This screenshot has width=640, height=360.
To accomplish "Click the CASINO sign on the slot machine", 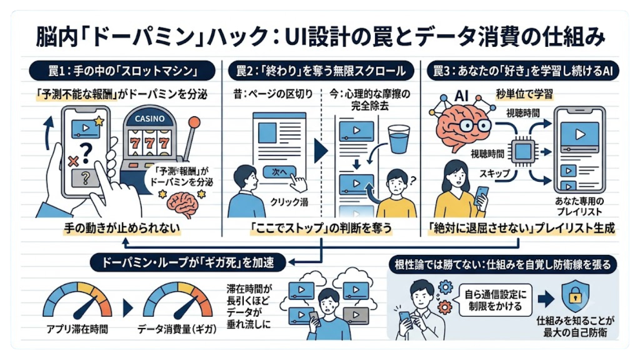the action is (x=149, y=118).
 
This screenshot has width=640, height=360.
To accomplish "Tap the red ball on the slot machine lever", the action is (x=195, y=123).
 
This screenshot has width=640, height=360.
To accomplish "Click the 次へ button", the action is (x=279, y=172).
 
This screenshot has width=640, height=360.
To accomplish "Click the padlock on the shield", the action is (x=575, y=298).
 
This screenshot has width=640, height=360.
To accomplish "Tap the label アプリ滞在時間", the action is (x=77, y=330).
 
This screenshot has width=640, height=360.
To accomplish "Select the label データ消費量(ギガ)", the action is (x=177, y=330).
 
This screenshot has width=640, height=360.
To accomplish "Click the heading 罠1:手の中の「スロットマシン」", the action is (x=122, y=70).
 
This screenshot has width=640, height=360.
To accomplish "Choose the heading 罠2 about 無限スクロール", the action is (x=321, y=70).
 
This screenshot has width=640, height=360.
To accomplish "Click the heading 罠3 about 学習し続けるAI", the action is (x=523, y=70).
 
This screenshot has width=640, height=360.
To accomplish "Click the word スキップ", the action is (x=494, y=173).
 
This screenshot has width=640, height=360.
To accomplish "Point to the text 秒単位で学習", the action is (x=524, y=94).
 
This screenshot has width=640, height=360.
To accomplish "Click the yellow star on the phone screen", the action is (x=99, y=121).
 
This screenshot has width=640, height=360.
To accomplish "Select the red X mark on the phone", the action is (x=74, y=162).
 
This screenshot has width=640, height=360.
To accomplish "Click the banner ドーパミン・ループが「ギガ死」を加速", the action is (x=188, y=263).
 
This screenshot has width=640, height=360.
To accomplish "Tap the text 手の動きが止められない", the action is (x=122, y=228).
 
